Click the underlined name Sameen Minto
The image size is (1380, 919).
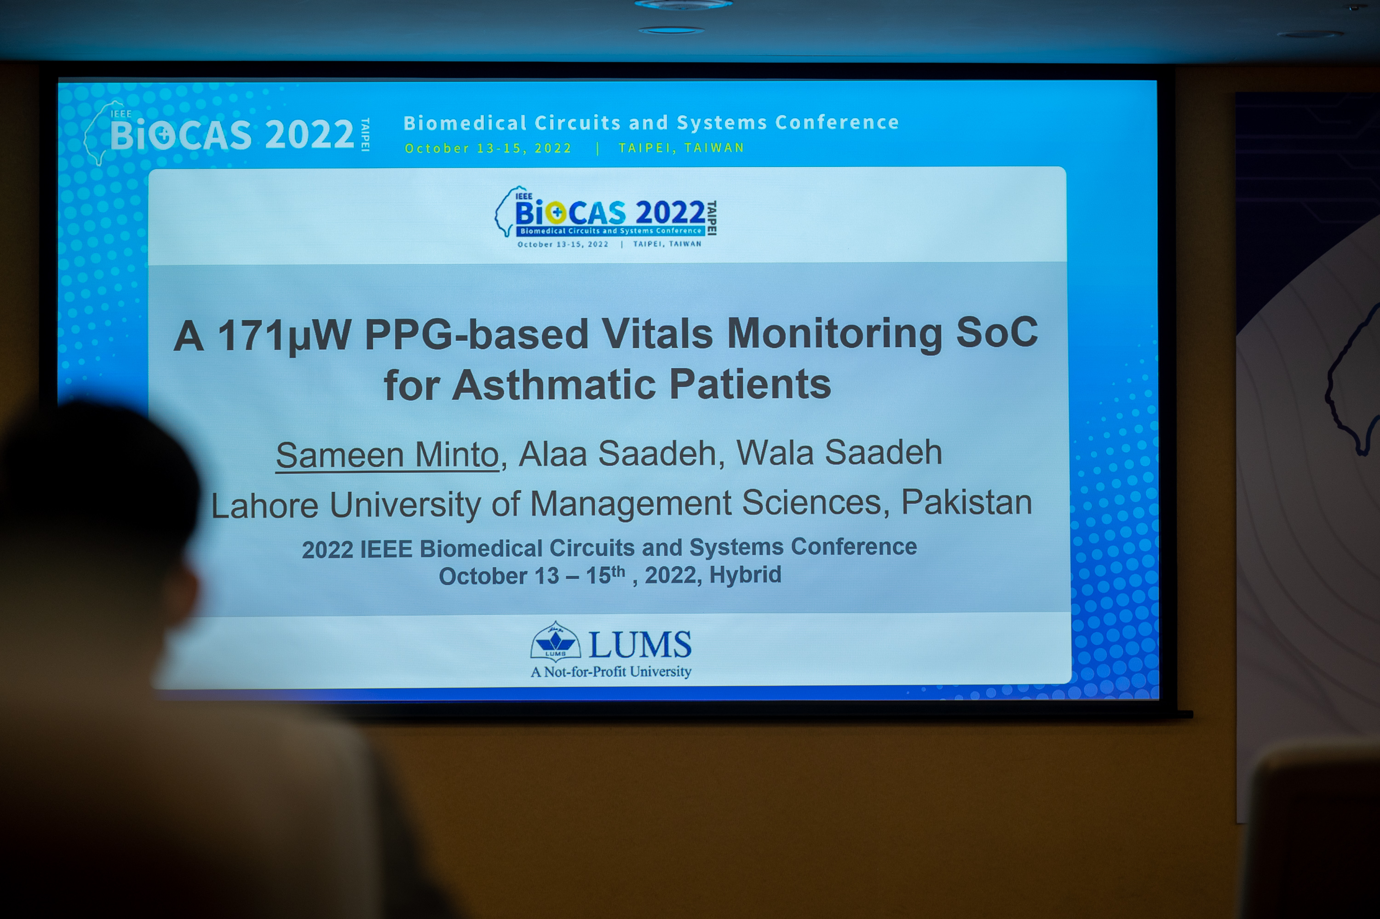click(x=387, y=455)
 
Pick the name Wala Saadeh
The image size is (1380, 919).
click(x=839, y=453)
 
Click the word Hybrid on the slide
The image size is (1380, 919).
click(x=745, y=575)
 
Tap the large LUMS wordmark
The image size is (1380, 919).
click(x=639, y=645)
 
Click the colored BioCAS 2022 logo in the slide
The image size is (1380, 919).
click(x=606, y=217)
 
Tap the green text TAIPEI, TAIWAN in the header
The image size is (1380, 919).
click(x=681, y=148)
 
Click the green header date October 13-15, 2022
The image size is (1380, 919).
click(x=488, y=148)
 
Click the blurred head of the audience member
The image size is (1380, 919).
click(x=100, y=498)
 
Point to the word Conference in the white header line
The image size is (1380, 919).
click(x=837, y=122)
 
